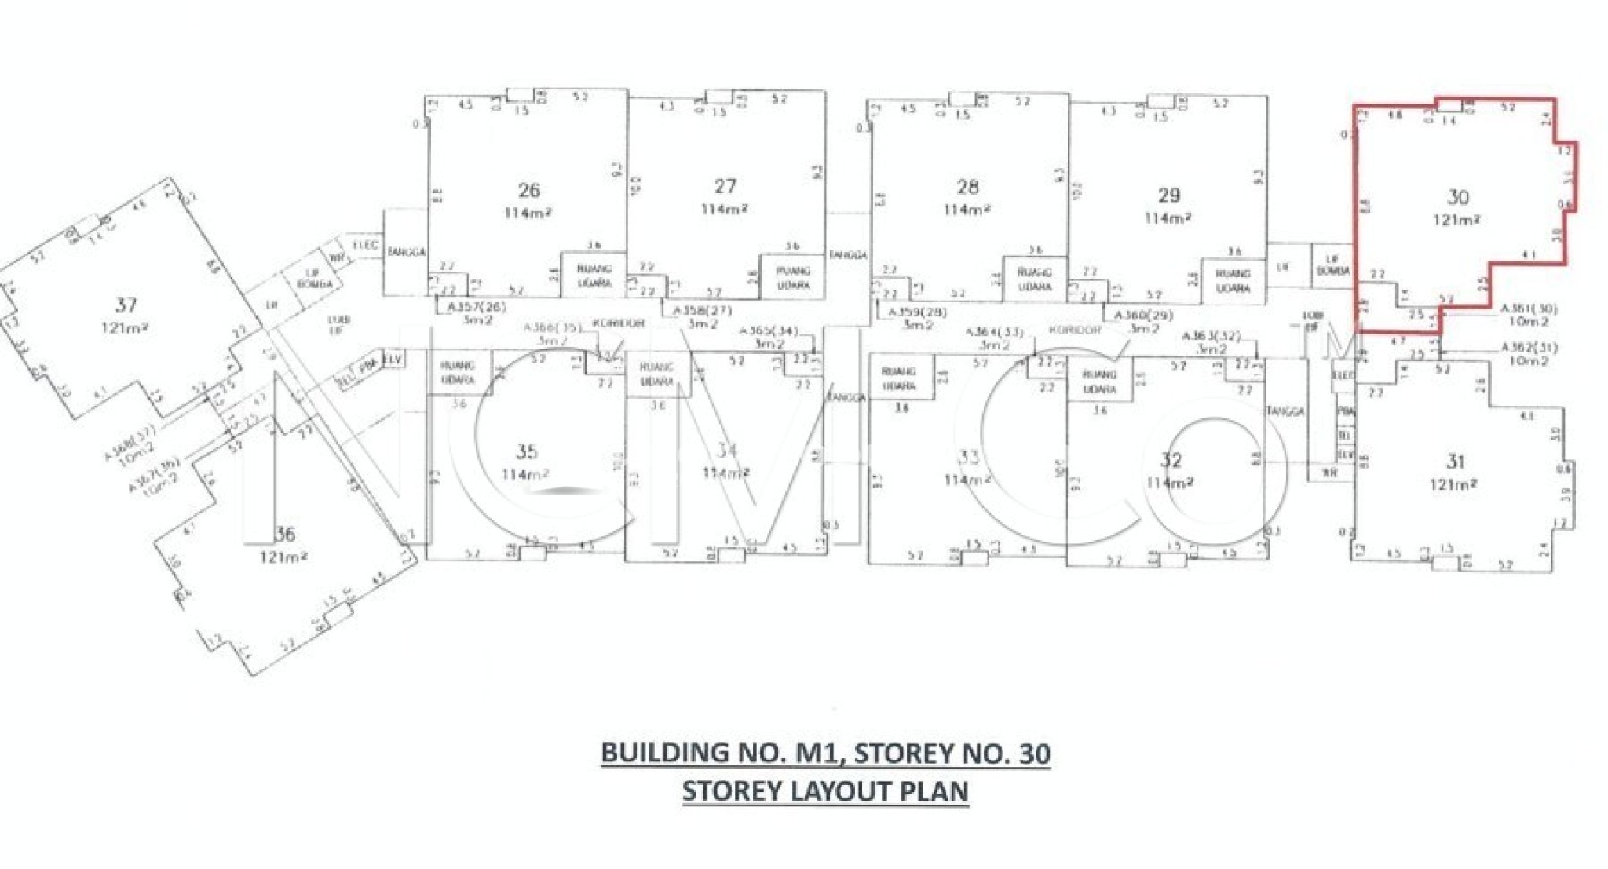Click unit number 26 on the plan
pos(529,190)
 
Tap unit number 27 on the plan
pos(725,186)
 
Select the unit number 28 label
pos(967,187)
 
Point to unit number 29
pos(1168,195)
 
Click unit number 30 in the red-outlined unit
pos(1458,197)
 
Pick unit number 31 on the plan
pos(1455,461)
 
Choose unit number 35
pos(526,451)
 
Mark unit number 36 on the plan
pos(284,535)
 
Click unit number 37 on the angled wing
pos(126,305)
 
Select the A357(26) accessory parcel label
pos(477,307)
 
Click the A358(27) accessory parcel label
pos(701,311)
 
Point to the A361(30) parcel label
pos(1529,309)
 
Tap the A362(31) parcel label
pos(1529,347)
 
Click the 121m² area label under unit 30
pos(1456,220)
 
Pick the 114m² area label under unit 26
pos(528,212)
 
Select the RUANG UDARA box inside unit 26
pos(594,276)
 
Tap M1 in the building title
pos(817,753)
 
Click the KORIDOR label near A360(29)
pos(1075,330)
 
